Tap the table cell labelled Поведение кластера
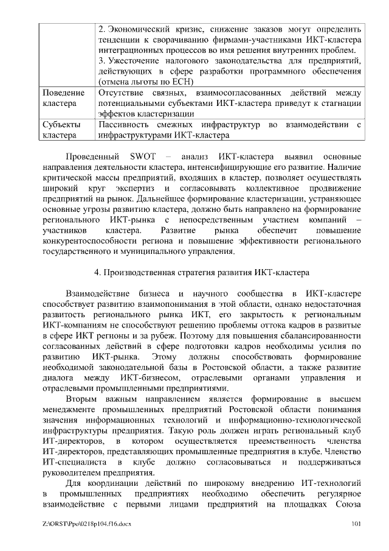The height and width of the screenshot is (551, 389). (x=64, y=98)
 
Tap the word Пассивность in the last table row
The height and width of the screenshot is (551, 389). (x=125, y=125)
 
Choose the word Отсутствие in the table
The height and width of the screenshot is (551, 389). (x=124, y=93)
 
